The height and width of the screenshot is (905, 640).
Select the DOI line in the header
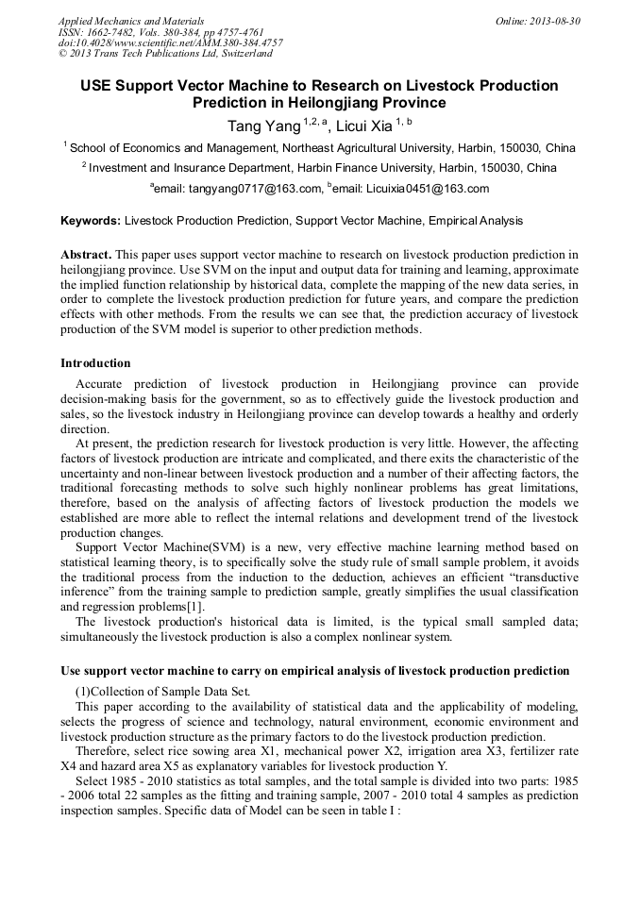[x=170, y=43]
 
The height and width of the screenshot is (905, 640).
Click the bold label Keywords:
[x=91, y=221]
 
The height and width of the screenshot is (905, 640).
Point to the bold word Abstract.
[x=86, y=255]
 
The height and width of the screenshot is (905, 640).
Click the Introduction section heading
[x=95, y=363]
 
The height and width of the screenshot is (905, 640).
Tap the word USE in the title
[x=96, y=86]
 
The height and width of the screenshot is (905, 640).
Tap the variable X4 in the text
[x=69, y=767]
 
